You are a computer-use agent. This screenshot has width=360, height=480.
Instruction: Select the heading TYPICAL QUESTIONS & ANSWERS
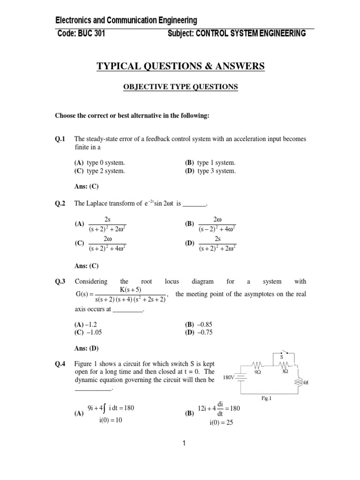click(180, 67)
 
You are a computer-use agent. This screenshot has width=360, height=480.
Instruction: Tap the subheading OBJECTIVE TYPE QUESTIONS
click(180, 87)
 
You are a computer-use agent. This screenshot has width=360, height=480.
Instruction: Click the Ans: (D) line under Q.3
click(86, 348)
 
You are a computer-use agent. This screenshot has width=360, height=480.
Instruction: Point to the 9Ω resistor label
click(257, 371)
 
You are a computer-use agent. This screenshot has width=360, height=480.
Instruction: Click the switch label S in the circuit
click(282, 356)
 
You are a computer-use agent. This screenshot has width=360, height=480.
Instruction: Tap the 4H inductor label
click(305, 382)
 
